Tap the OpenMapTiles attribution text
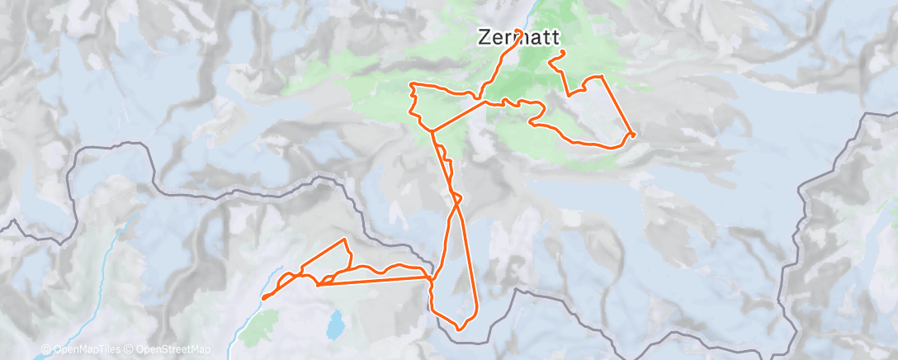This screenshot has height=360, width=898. tap(86, 350)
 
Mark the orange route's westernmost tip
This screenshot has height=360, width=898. tap(263, 298)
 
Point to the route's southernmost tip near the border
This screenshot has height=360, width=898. tap(459, 329)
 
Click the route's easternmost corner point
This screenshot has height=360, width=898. tap(633, 133)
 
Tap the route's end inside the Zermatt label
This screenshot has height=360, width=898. tap(518, 31)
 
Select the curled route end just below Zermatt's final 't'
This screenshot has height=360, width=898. tap(563, 53)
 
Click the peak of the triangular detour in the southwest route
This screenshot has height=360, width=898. tap(345, 239)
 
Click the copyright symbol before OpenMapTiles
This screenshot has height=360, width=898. tap(45, 350)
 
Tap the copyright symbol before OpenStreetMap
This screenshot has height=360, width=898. tap(130, 350)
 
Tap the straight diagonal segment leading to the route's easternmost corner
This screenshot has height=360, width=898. tap(617, 104)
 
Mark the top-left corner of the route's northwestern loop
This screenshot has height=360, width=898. tap(412, 85)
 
